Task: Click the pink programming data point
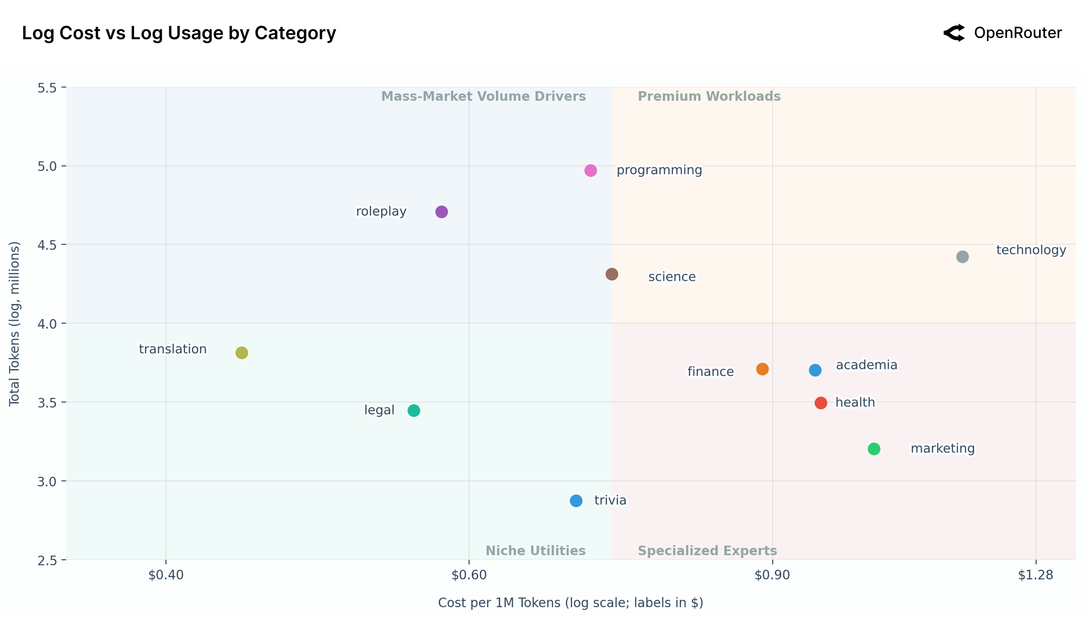tap(590, 170)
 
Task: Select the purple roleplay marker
tap(441, 212)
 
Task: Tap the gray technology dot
tap(962, 257)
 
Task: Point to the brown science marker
tap(612, 274)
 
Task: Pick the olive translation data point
tap(242, 353)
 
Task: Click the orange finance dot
tap(762, 369)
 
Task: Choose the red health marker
tap(821, 403)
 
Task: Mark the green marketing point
tap(874, 449)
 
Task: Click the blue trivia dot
tap(576, 501)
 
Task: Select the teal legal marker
tap(413, 411)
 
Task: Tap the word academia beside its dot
tap(866, 365)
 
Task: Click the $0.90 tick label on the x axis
tap(772, 575)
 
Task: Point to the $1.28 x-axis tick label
tap(1036, 575)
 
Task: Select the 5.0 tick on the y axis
tap(47, 166)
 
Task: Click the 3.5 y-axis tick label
tap(47, 402)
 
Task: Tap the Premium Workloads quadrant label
tap(709, 97)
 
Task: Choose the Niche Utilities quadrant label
tap(536, 551)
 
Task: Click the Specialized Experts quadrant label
tap(707, 551)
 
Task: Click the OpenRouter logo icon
tap(955, 33)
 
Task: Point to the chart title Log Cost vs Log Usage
tap(179, 33)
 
